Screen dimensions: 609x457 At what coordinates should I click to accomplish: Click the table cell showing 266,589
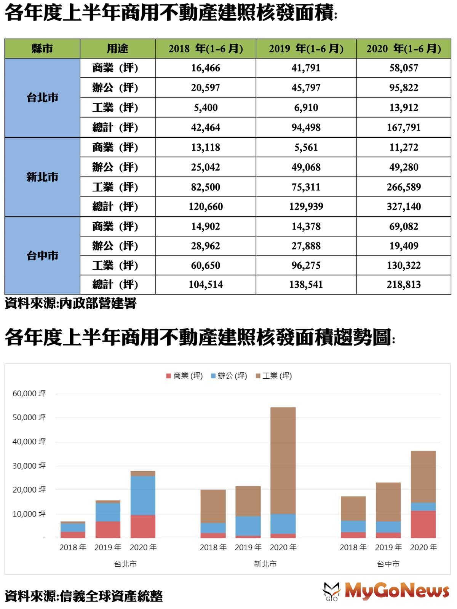click(x=404, y=187)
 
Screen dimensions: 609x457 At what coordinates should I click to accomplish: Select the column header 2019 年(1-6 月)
click(x=306, y=49)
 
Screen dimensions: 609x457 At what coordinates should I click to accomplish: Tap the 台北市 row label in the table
click(x=42, y=98)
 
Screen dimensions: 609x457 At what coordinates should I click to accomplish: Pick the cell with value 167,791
click(x=404, y=128)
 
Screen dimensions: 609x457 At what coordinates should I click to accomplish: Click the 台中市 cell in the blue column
click(x=42, y=256)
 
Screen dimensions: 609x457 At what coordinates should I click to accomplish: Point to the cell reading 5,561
click(x=306, y=147)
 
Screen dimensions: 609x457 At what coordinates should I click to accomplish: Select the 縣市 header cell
click(x=42, y=49)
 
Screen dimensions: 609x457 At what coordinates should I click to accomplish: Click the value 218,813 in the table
click(x=404, y=285)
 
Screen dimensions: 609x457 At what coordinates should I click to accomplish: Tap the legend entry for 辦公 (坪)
click(x=229, y=376)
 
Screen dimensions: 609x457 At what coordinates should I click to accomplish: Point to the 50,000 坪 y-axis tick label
click(x=29, y=418)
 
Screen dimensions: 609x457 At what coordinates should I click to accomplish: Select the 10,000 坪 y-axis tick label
click(x=29, y=514)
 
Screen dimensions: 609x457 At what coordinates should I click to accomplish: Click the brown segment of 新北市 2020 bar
click(x=283, y=461)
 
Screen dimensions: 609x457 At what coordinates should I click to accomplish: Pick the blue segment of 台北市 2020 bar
click(x=143, y=496)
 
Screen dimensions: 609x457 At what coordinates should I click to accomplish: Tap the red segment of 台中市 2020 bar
click(x=423, y=524)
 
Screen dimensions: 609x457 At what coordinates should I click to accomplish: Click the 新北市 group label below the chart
click(x=265, y=564)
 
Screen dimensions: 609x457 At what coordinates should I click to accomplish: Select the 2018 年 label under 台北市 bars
click(x=73, y=547)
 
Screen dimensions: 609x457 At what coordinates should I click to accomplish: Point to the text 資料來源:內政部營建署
click(x=70, y=303)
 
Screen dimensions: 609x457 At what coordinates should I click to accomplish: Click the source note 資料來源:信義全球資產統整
click(x=84, y=596)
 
